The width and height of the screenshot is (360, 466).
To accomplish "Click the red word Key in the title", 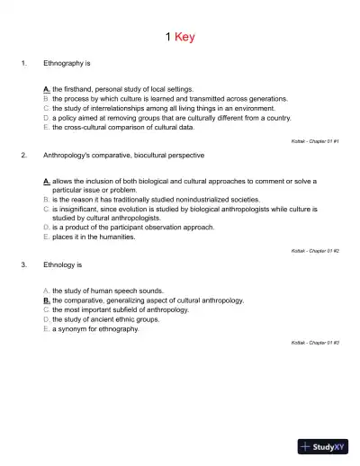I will (x=184, y=38).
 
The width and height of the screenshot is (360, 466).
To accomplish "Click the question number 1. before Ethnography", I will (x=23, y=65).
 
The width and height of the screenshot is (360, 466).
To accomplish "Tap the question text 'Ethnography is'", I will (x=67, y=65).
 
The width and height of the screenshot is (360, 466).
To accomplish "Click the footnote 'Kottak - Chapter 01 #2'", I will (x=315, y=250).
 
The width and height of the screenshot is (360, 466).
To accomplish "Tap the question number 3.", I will (x=23, y=265).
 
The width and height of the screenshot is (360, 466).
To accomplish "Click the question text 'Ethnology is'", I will (x=62, y=265).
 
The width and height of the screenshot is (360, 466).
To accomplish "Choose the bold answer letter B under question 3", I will (x=46, y=300).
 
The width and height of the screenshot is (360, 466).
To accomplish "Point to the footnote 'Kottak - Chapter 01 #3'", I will (x=315, y=343).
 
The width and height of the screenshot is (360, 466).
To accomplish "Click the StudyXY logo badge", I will (x=324, y=445).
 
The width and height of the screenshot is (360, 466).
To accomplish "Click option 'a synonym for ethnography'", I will (x=95, y=328).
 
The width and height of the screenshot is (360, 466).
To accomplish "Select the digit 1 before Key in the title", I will (x=168, y=38).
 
